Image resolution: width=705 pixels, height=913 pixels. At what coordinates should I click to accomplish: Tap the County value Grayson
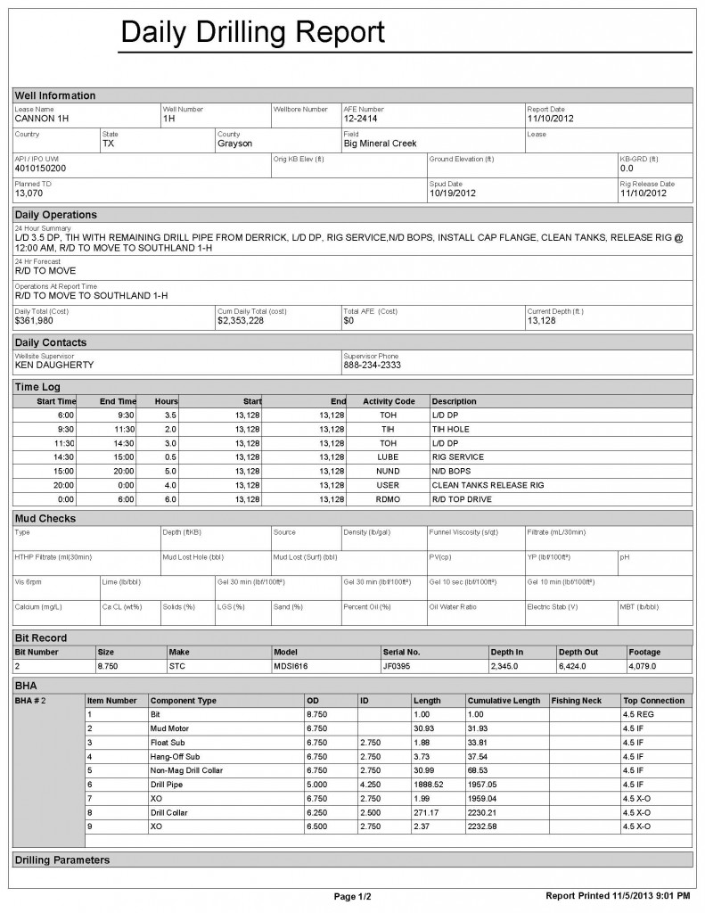(x=234, y=143)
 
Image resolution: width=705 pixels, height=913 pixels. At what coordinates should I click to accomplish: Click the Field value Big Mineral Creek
(x=380, y=143)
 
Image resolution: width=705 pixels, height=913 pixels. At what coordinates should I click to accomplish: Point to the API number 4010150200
(x=40, y=168)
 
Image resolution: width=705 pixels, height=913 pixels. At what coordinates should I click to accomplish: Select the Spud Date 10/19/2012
(x=453, y=193)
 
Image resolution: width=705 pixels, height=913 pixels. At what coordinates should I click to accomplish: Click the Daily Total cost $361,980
(x=35, y=319)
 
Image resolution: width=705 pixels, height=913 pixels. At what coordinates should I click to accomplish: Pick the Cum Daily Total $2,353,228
(x=241, y=319)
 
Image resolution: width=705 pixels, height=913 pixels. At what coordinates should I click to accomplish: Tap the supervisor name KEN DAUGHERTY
(x=54, y=365)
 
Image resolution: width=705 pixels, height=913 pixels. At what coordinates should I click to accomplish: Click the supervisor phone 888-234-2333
(x=372, y=365)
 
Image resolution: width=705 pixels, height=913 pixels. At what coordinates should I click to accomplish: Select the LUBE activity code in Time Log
(x=388, y=456)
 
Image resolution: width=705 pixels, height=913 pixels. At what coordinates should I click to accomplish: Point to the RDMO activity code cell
(x=388, y=499)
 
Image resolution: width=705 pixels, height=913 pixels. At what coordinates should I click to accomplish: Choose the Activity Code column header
(x=389, y=401)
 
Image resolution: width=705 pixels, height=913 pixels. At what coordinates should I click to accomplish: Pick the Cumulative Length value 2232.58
(x=486, y=827)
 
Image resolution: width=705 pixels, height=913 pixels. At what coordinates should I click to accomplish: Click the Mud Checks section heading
(x=45, y=518)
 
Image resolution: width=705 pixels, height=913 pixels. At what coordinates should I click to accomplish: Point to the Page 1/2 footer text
(x=352, y=895)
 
